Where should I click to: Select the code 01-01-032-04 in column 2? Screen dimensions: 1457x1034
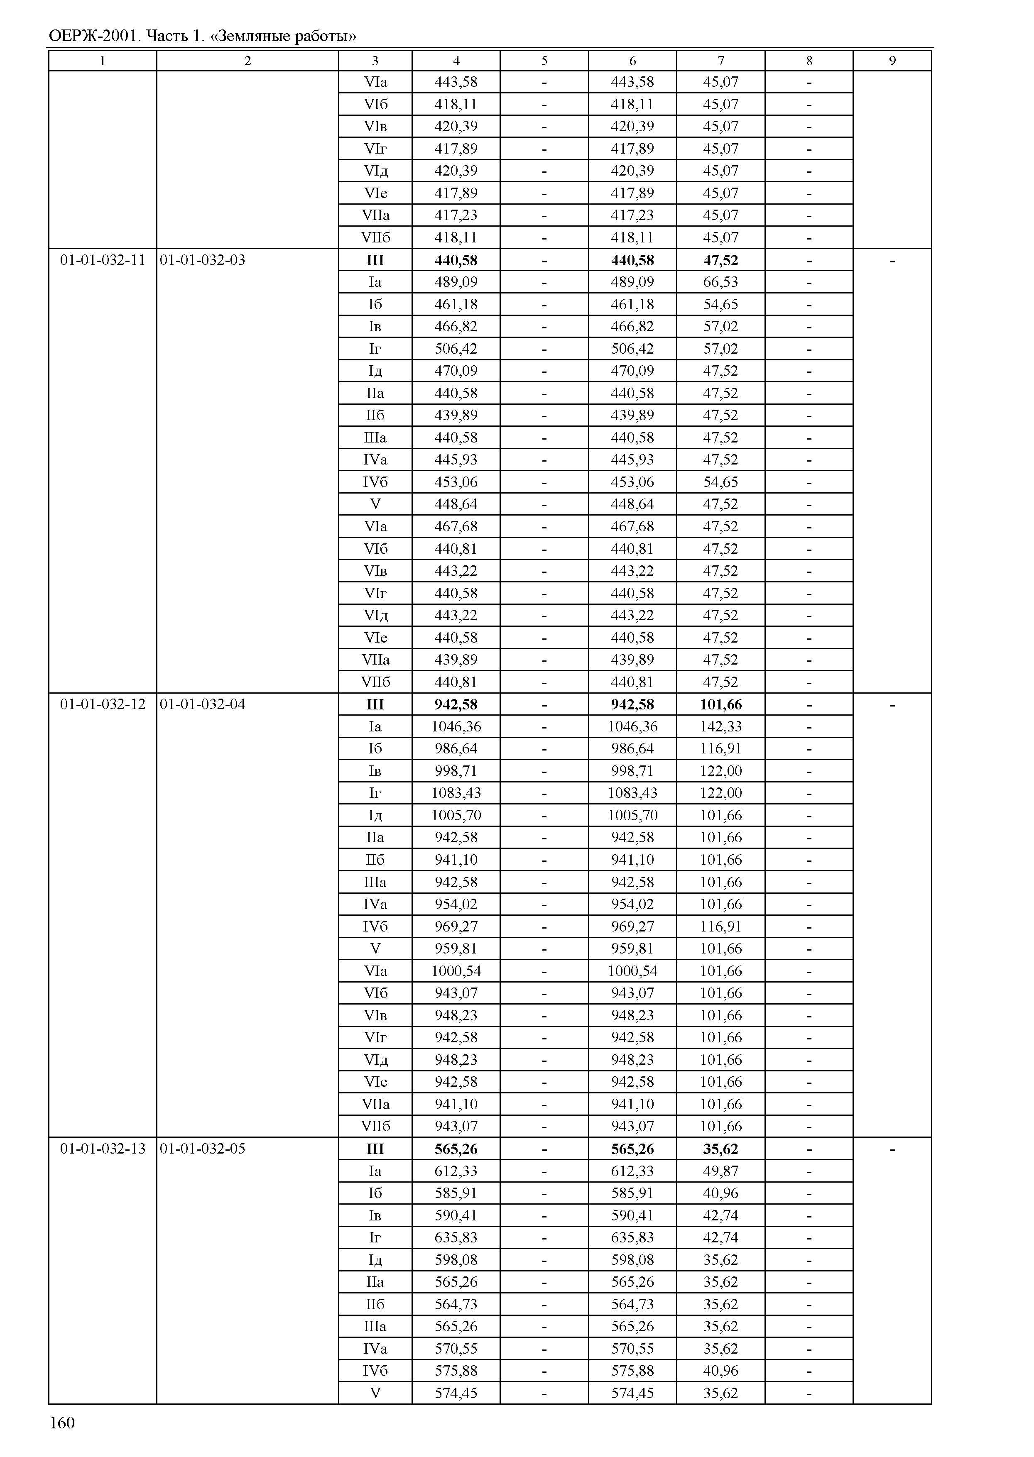coord(203,704)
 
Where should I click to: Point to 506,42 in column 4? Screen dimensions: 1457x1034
coord(456,349)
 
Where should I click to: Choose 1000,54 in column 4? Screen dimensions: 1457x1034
coord(456,971)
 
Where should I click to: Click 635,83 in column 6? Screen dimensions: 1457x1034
coord(632,1237)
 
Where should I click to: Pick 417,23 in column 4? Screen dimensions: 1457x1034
coord(456,215)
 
